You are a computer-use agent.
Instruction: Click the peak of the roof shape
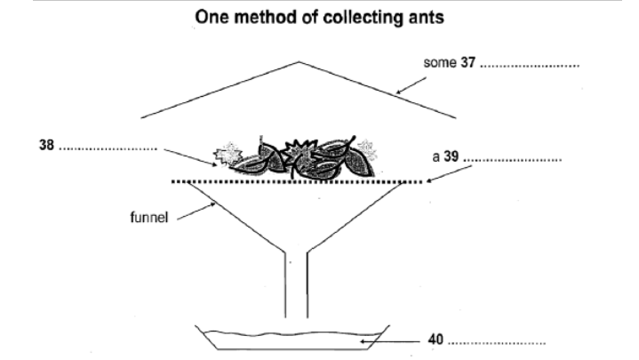pyautogui.click(x=300, y=62)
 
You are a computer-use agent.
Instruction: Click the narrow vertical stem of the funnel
pyautogui.click(x=296, y=284)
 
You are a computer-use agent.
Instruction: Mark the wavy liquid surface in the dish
pyautogui.click(x=293, y=336)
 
